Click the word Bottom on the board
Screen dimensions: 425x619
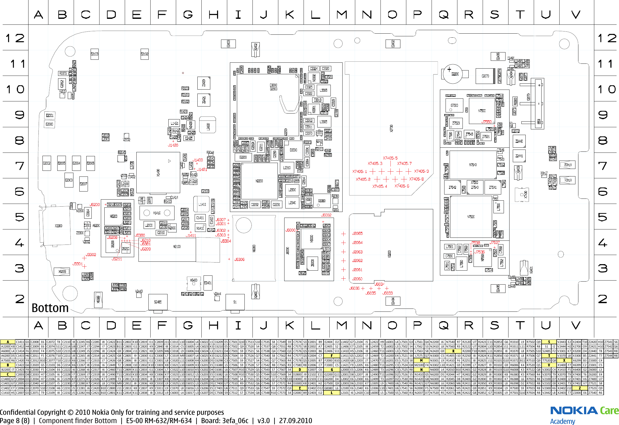(50, 308)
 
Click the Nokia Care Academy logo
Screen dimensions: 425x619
(584, 415)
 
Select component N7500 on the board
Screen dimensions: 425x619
(482, 111)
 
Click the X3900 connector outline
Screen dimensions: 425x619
(58, 226)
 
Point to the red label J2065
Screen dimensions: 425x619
(357, 233)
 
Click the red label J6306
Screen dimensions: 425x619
(239, 260)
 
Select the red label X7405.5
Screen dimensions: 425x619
(390, 158)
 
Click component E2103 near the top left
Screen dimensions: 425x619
(94, 54)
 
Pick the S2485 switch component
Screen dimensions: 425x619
(158, 302)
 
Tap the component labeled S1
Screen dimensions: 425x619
(235, 302)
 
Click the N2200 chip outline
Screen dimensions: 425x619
(259, 181)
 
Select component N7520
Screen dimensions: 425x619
(471, 217)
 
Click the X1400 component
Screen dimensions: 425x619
(158, 172)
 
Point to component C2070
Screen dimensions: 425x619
(485, 76)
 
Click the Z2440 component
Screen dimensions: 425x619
(519, 141)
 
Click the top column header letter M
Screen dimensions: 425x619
(342, 15)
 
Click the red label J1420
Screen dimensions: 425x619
(173, 145)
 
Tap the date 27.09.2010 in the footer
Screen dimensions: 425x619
(295, 421)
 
